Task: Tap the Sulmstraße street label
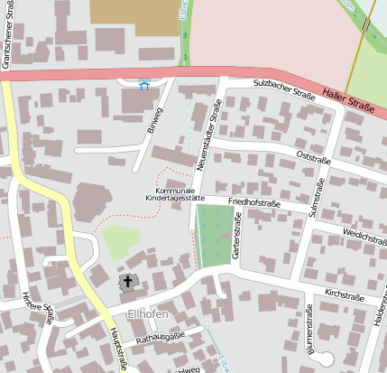point(317,196)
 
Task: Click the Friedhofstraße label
point(255,203)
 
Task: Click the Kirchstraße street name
point(344,295)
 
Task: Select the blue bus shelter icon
point(143,85)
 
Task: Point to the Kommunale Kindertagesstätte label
point(175,195)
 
